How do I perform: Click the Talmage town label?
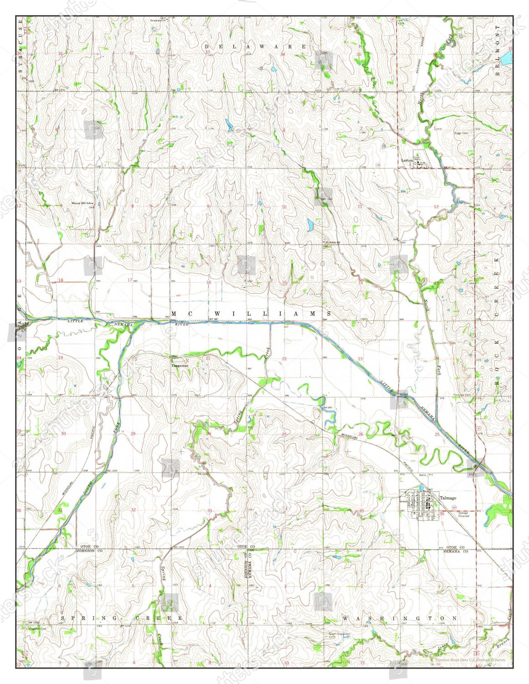[448, 498]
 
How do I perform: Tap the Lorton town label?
[407, 161]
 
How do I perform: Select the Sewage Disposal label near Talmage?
[463, 514]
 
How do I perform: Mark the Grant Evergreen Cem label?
[339, 635]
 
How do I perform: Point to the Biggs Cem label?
[461, 133]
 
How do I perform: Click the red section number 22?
[284, 359]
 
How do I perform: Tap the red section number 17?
[130, 280]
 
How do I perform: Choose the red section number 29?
[133, 434]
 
